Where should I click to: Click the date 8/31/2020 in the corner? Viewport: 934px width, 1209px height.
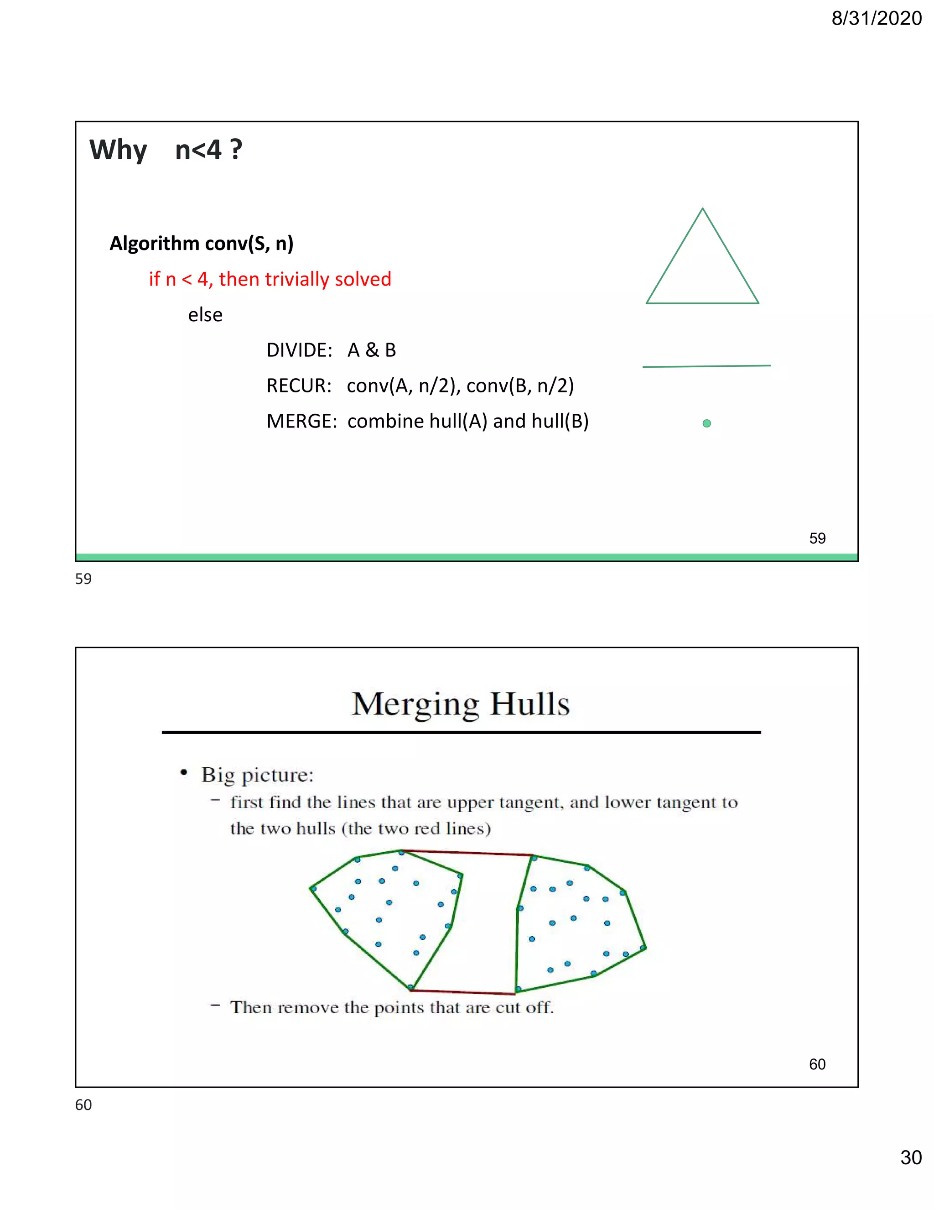876,19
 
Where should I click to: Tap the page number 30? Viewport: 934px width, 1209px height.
910,1157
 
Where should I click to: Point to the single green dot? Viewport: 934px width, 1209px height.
706,423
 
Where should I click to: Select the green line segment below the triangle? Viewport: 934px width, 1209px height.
706,366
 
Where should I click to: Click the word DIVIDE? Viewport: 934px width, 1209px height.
298,350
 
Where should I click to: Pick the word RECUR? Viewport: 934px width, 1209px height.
298,386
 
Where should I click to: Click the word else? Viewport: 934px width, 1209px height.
205,315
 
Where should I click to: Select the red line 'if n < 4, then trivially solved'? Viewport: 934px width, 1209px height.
270,279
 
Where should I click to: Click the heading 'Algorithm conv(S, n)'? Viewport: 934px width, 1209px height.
202,244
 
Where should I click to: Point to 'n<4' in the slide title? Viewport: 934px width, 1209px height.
198,150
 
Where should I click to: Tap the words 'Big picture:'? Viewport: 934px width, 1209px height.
257,775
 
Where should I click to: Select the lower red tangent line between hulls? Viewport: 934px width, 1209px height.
464,991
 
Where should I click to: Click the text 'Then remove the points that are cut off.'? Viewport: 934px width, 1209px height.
392,1007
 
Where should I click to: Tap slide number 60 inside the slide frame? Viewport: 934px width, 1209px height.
817,1064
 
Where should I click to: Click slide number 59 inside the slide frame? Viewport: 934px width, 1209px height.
817,538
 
